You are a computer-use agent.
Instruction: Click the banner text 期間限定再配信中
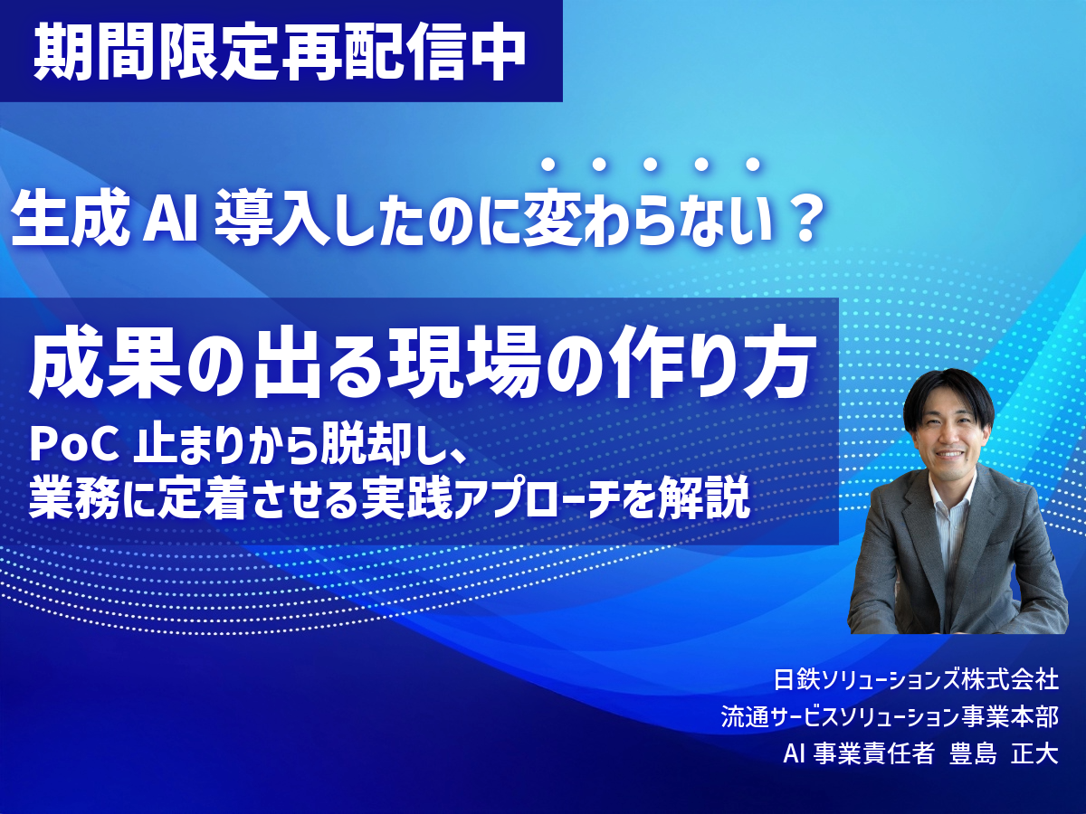click(x=280, y=51)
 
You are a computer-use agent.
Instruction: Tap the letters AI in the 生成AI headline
click(x=171, y=218)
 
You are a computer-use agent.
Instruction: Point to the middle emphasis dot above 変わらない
click(x=650, y=165)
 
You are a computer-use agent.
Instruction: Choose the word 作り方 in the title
click(x=705, y=364)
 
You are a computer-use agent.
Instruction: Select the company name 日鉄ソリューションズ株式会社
click(x=916, y=679)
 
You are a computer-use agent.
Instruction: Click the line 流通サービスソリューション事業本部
click(x=890, y=717)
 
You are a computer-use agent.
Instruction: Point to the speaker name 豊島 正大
click(x=1004, y=754)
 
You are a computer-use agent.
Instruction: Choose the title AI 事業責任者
click(x=859, y=754)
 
